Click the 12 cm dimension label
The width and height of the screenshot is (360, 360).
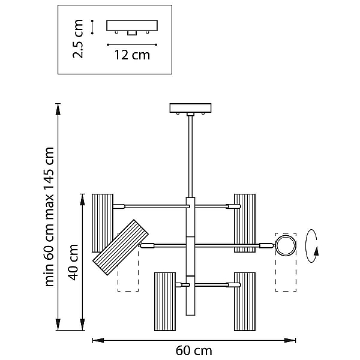coord(132,55)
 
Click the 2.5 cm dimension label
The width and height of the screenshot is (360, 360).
coord(77,39)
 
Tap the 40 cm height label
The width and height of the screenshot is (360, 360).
coord(73,262)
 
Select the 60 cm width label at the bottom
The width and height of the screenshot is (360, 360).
coord(194,350)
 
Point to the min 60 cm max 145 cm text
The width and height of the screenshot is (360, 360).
coord(49,217)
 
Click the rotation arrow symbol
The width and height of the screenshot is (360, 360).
coord(312,246)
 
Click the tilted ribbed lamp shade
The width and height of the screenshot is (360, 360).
coord(121,247)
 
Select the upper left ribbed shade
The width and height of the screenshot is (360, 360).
coord(103,223)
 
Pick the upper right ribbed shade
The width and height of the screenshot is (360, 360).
coord(245,223)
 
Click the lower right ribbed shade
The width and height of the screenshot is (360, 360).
coord(245,301)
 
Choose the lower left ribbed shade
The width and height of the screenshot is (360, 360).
coord(165,301)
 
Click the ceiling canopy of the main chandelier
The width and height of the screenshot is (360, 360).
coord(190,108)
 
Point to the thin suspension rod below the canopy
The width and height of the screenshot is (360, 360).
coord(190,157)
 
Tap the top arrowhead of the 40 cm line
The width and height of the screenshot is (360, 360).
coord(82,200)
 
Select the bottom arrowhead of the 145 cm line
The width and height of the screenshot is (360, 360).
coord(58,325)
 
